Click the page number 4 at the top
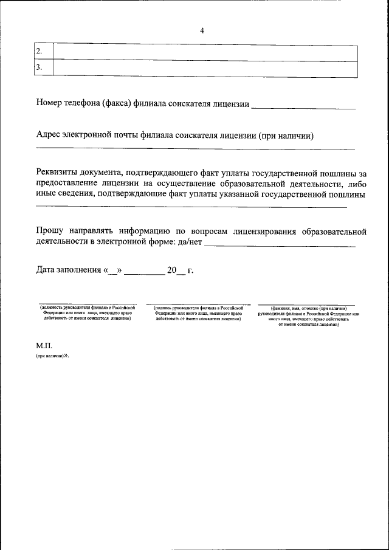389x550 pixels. [x=202, y=32]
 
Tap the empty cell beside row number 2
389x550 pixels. [x=205, y=52]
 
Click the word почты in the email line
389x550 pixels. [x=122, y=136]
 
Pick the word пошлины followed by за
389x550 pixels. [x=340, y=173]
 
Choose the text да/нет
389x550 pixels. [x=190, y=242]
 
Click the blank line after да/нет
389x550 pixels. [x=280, y=245]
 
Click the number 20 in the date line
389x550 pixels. [x=172, y=270]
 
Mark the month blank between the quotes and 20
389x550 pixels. [x=144, y=273]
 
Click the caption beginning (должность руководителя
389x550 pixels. [x=88, y=313]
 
